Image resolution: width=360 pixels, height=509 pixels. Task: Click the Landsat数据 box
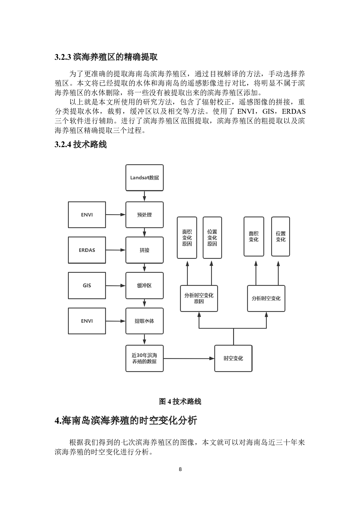pyautogui.click(x=144, y=178)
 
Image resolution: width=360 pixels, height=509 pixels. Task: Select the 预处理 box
pyautogui.click(x=144, y=215)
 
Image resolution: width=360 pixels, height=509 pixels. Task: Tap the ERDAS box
pyautogui.click(x=87, y=250)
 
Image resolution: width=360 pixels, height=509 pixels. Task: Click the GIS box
pyautogui.click(x=87, y=286)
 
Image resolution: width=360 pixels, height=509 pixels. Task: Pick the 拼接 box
pyautogui.click(x=144, y=250)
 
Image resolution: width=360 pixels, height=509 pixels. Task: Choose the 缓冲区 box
pyautogui.click(x=144, y=286)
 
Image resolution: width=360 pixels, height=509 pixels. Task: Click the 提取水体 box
pyautogui.click(x=144, y=321)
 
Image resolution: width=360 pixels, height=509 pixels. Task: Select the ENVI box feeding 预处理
pyautogui.click(x=87, y=215)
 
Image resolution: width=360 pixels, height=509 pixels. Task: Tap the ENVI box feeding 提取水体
pyautogui.click(x=87, y=321)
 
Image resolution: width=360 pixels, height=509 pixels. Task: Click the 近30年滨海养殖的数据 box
pyautogui.click(x=144, y=358)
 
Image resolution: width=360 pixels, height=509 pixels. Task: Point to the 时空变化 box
pyautogui.click(x=233, y=358)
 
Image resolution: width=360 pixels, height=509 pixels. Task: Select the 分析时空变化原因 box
pyautogui.click(x=199, y=298)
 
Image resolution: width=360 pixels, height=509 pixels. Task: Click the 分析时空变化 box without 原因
pyautogui.click(x=266, y=298)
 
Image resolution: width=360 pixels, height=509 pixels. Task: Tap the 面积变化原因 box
pyautogui.click(x=187, y=238)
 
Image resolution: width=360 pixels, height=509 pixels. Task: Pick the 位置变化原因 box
pyautogui.click(x=212, y=238)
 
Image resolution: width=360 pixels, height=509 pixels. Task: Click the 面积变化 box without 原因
pyautogui.click(x=254, y=237)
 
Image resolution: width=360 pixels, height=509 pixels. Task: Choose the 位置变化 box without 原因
pyautogui.click(x=280, y=237)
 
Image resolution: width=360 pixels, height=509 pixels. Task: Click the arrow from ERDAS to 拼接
pyautogui.click(x=116, y=250)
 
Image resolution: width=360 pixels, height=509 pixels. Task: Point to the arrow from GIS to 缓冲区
pyautogui.click(x=116, y=286)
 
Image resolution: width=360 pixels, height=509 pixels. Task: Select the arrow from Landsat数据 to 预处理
pyautogui.click(x=144, y=196)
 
